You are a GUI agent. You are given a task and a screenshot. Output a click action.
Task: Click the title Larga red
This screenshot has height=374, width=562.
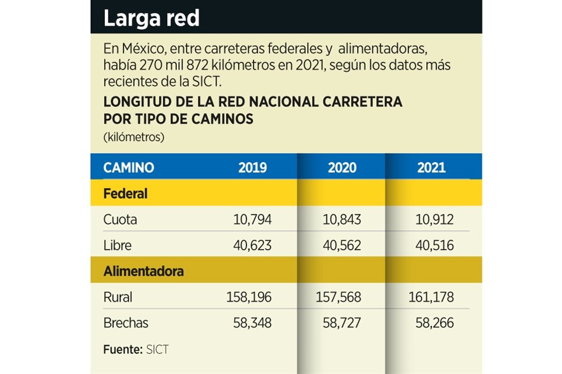[151, 19]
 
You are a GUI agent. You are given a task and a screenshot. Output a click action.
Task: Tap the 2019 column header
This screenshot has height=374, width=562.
[252, 168]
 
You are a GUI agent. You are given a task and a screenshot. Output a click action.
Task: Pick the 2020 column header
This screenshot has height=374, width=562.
[342, 168]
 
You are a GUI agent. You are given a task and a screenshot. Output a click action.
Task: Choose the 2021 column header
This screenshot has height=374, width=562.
[431, 168]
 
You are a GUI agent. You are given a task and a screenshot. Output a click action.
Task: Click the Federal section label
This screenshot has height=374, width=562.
[125, 193]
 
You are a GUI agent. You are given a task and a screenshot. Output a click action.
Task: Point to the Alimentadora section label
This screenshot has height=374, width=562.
[143, 271]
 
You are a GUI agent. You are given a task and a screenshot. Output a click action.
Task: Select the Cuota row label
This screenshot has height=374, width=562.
[120, 220]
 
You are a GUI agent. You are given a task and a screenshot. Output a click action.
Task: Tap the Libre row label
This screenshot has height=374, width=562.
[117, 245]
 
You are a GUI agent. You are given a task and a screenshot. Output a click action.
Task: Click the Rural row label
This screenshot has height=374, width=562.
[118, 297]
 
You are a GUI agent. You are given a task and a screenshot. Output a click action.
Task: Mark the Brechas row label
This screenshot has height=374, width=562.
[126, 323]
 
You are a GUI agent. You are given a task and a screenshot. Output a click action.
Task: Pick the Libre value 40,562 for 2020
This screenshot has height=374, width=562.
[342, 245]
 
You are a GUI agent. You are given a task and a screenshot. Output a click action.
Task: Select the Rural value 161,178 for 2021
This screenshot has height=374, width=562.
[431, 297]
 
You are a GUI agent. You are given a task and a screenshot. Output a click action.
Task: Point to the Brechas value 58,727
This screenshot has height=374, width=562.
[342, 323]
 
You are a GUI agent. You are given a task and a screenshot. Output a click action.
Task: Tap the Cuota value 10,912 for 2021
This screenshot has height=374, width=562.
[434, 220]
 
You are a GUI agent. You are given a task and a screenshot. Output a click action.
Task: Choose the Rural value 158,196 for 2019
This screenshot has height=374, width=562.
[249, 297]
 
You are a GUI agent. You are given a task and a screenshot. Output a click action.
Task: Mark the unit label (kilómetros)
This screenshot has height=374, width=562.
[133, 138]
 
